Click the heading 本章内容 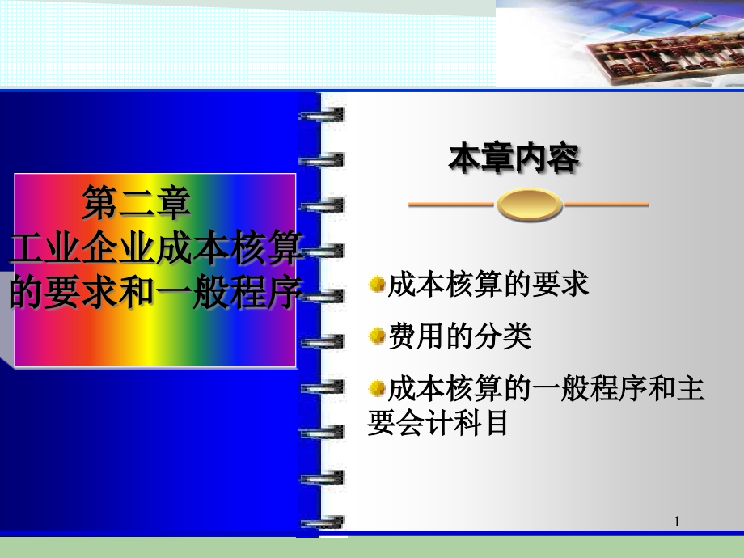click(514, 158)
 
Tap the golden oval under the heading click(530, 205)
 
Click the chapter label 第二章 click(137, 203)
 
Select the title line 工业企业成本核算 click(156, 248)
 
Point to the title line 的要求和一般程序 click(156, 292)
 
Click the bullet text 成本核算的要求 click(488, 285)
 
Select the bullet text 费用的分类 click(460, 336)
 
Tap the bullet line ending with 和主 click(546, 388)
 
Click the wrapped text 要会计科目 click(438, 422)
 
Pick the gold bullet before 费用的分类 click(377, 336)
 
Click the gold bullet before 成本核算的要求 click(377, 284)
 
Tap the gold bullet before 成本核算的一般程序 click(377, 388)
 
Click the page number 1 click(677, 522)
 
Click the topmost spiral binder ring click(322, 115)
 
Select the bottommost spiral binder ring click(322, 523)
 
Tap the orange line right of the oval click(606, 205)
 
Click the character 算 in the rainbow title click(285, 248)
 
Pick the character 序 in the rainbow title click(285, 292)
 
